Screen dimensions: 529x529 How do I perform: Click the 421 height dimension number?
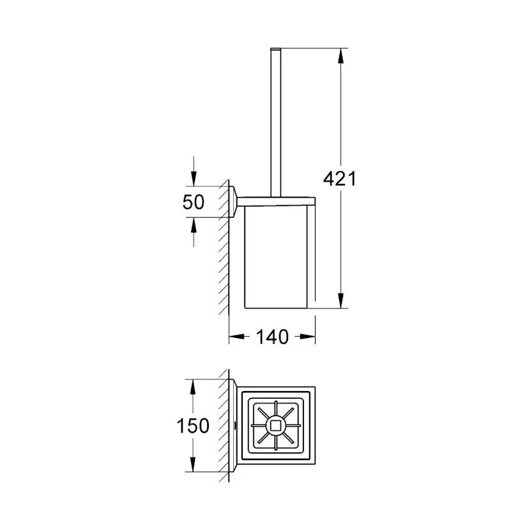click(x=339, y=178)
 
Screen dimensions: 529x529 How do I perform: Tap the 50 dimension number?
click(x=194, y=202)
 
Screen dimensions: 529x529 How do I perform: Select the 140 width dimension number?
click(x=272, y=337)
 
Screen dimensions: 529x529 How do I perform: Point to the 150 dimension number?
click(x=193, y=425)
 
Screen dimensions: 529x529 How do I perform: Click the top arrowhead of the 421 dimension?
click(x=341, y=56)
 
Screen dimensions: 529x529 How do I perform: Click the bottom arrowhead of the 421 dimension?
click(x=341, y=300)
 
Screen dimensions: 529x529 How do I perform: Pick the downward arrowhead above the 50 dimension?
click(x=194, y=178)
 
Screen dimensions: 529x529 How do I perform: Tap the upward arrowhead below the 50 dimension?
click(x=194, y=225)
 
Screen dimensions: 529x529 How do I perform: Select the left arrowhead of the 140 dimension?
click(x=237, y=336)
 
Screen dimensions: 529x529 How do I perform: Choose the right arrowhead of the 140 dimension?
click(x=307, y=336)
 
